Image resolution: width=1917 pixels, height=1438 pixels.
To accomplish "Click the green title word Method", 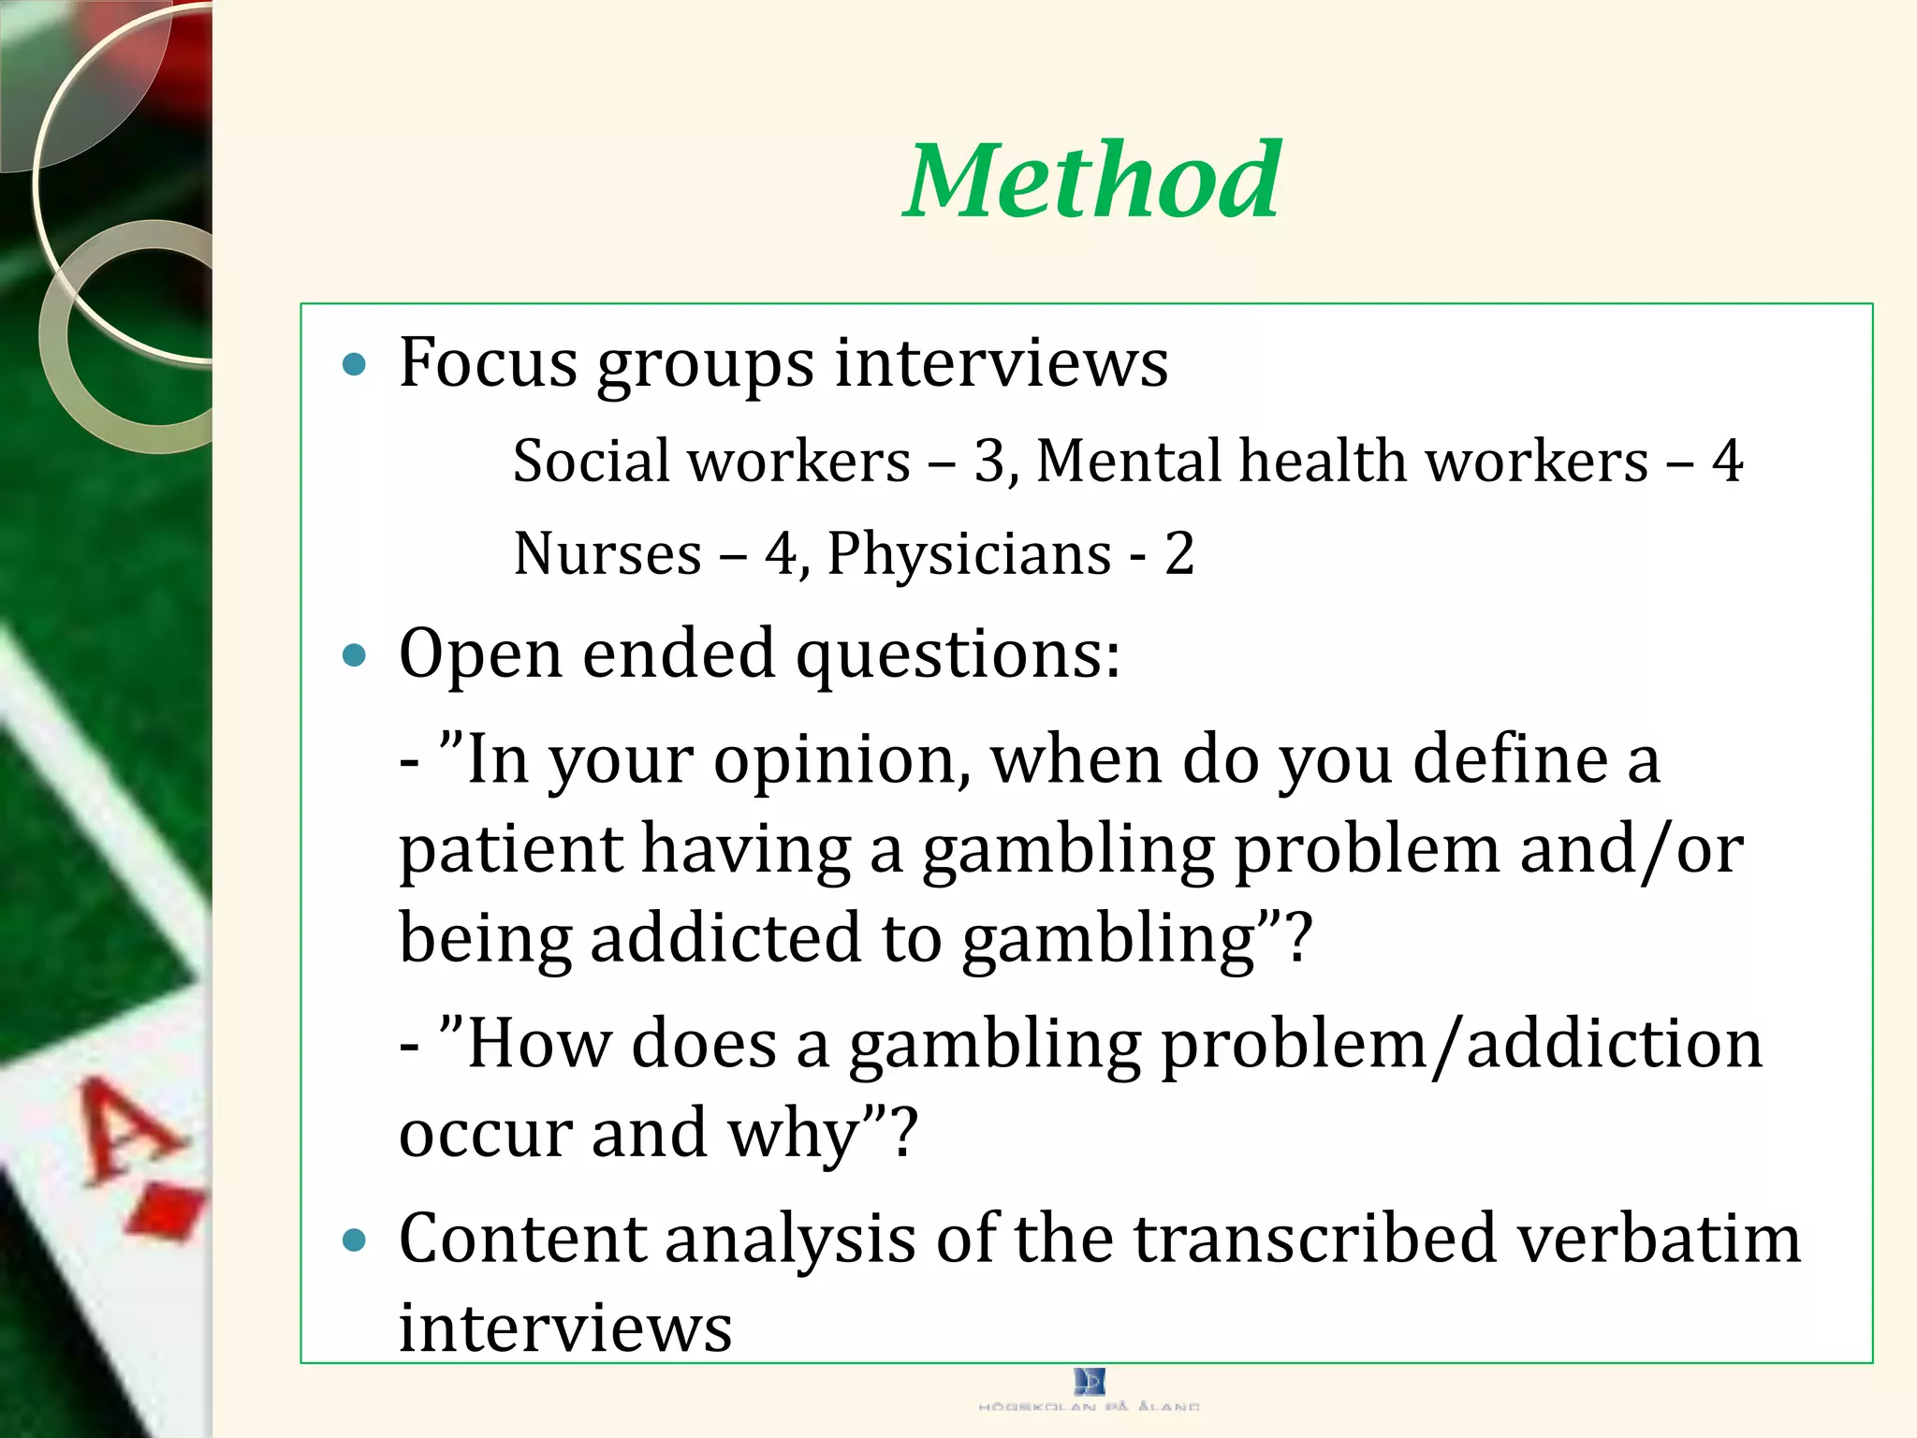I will tap(1092, 180).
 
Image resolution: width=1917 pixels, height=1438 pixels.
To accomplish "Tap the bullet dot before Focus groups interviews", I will tap(354, 364).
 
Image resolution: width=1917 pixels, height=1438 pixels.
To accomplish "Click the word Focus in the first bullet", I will tap(488, 362).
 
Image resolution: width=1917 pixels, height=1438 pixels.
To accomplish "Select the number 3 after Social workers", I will tap(988, 462).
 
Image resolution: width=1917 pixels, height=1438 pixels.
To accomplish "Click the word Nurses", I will tap(607, 553).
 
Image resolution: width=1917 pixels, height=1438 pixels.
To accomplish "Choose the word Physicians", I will tap(969, 555).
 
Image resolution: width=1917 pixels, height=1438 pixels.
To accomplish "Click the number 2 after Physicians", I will tap(1178, 553).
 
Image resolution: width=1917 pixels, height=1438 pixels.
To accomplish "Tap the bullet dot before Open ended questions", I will tap(354, 654).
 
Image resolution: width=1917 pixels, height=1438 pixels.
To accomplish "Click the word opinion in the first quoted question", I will tap(841, 760).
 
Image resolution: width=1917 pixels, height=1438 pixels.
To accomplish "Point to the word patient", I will tap(511, 850).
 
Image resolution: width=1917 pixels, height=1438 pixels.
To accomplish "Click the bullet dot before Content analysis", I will tap(354, 1241).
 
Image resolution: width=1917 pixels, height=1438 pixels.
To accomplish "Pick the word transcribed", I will tap(1315, 1240).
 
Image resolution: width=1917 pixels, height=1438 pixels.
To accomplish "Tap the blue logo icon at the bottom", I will tap(1090, 1381).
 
